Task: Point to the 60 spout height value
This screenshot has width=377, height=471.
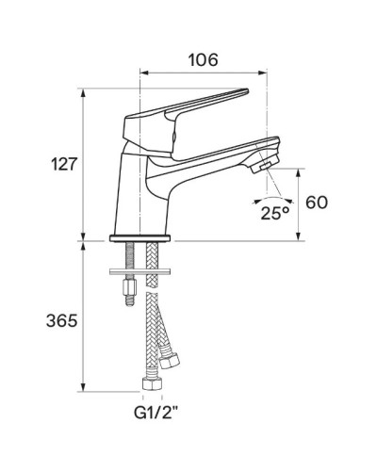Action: click(319, 203)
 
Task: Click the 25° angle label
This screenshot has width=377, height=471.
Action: click(274, 214)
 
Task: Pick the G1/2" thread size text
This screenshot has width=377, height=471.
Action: click(152, 412)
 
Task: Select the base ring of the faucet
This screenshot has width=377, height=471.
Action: click(141, 239)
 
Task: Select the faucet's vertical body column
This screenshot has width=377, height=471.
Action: click(136, 193)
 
